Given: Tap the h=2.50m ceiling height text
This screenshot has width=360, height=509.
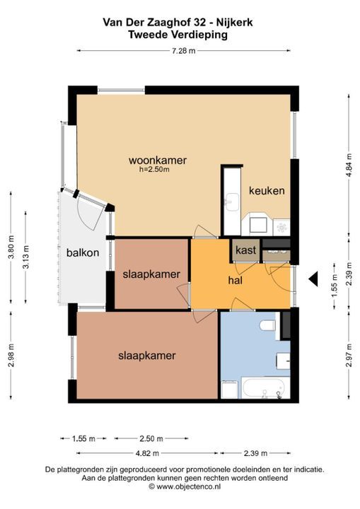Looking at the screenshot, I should click(x=154, y=169).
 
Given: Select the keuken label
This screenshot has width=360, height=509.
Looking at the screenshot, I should click(x=267, y=191).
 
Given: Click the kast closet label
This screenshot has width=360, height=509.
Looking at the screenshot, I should click(x=245, y=250).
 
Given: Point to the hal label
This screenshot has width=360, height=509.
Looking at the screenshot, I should click(x=236, y=281).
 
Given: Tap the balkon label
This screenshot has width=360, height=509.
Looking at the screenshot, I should click(x=83, y=252).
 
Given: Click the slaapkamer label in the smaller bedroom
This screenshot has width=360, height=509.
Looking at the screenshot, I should click(x=151, y=274).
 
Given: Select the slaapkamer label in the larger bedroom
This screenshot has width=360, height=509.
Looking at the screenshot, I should click(x=147, y=356).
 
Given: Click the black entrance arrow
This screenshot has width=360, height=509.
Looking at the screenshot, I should click(x=313, y=280).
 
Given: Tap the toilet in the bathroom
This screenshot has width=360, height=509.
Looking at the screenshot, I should click(x=267, y=326).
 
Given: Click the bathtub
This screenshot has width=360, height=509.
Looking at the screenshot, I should click(x=263, y=388).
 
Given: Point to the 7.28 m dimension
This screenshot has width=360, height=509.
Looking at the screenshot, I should click(x=183, y=50).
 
